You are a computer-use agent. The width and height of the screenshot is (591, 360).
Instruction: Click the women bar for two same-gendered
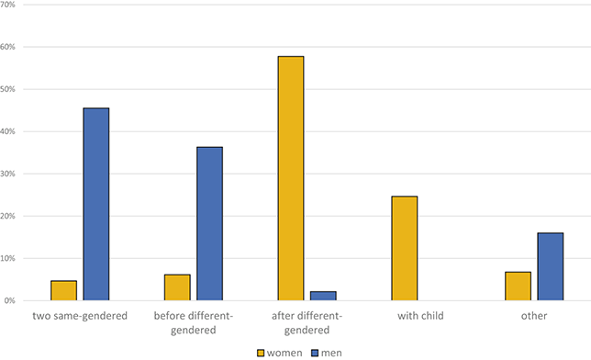(x=63, y=290)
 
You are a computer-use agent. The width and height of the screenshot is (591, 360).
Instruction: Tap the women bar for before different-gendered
(x=177, y=287)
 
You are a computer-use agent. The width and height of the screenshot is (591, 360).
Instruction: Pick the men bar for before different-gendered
(x=209, y=223)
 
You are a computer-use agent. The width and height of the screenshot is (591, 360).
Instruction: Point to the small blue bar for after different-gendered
(x=323, y=296)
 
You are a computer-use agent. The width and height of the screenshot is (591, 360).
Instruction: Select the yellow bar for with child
(x=405, y=248)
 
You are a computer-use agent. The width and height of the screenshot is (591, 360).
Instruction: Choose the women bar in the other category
(x=518, y=286)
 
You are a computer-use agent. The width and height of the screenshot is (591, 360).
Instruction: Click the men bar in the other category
(x=551, y=266)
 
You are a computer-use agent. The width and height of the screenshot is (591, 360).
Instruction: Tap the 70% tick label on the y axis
(x=9, y=5)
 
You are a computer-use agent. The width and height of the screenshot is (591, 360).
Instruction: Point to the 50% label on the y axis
(x=9, y=89)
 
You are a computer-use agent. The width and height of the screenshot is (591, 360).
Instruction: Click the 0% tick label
(x=11, y=300)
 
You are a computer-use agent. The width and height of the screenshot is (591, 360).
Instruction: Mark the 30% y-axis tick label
(x=9, y=174)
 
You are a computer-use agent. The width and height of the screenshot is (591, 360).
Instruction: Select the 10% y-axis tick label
(x=9, y=258)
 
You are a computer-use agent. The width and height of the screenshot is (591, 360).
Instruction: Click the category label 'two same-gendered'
(x=79, y=316)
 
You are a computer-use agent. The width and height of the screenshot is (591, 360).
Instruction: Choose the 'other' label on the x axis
(x=534, y=316)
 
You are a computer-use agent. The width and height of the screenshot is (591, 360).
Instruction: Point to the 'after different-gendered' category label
(x=307, y=322)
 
